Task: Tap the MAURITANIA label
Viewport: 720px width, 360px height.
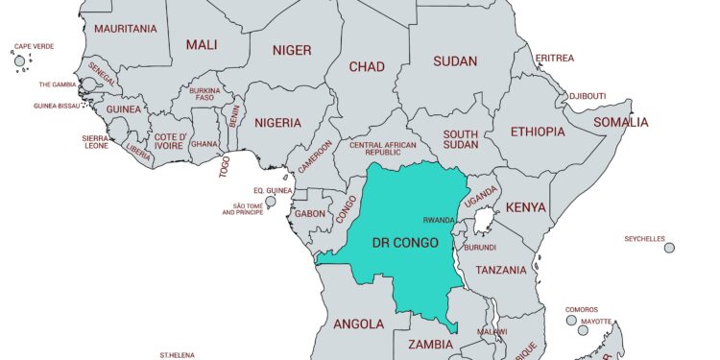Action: point(126,29)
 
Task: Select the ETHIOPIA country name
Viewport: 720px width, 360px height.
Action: point(538,132)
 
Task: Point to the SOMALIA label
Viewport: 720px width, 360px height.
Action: point(620,122)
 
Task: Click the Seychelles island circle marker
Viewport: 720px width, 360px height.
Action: point(669,248)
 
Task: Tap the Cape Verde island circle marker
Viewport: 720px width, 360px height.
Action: point(19,61)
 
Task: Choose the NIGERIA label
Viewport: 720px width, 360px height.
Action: point(277,123)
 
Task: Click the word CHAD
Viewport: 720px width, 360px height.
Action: point(368,66)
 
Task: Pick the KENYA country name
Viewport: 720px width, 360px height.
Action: point(525,207)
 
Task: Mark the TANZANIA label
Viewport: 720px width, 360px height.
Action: point(501,271)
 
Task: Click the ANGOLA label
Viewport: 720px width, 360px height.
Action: point(358,324)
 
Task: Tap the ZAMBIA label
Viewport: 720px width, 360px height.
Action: point(431,344)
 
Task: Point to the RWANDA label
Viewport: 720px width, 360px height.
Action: point(440,220)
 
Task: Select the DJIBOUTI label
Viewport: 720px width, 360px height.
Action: point(587,96)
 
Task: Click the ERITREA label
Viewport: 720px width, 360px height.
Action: point(555,58)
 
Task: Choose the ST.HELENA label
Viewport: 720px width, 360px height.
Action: point(179,355)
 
